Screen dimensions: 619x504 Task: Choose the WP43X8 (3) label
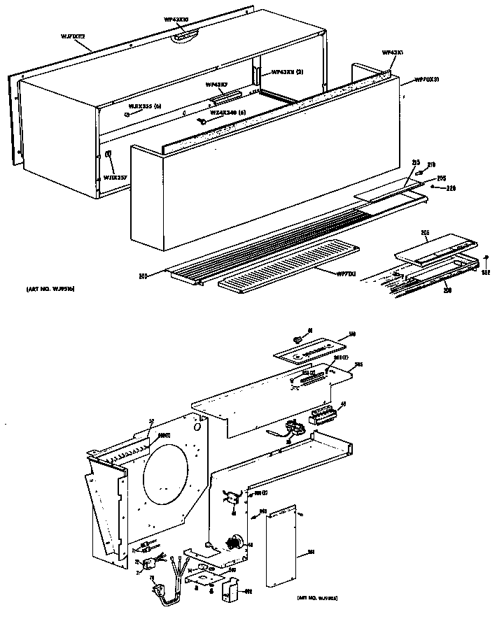pyautogui.click(x=286, y=72)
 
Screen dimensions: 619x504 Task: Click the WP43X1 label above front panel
pyautogui.click(x=392, y=52)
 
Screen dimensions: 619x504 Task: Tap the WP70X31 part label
pyautogui.click(x=427, y=80)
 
